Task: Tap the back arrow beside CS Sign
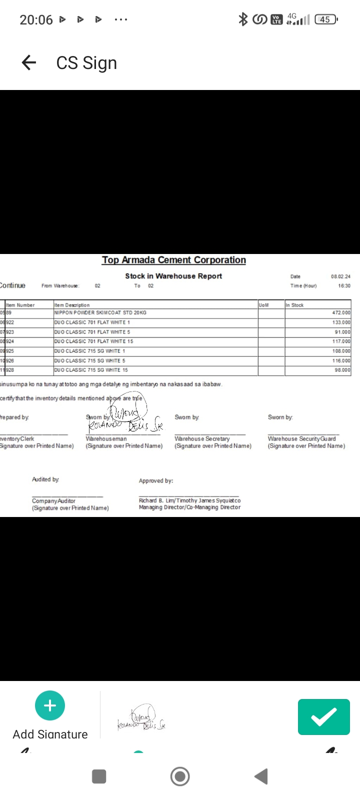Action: (29, 62)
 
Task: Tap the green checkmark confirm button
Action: (323, 717)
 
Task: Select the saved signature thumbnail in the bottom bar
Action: (141, 718)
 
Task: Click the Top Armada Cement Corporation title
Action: (173, 260)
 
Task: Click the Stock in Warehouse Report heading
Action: (173, 276)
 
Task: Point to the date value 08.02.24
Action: (340, 276)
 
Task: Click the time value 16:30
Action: (344, 286)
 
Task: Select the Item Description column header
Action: (72, 305)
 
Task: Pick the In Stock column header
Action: (295, 305)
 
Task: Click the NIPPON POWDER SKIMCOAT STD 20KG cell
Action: (100, 312)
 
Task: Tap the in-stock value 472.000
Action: (341, 312)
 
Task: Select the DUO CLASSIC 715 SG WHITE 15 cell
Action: (91, 370)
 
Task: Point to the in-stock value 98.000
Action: (342, 370)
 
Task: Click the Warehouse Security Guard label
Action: (301, 438)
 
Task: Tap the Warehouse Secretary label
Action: (202, 438)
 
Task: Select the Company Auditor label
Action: (53, 500)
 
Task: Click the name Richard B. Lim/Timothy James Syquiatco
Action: (189, 500)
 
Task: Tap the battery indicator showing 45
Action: (325, 19)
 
